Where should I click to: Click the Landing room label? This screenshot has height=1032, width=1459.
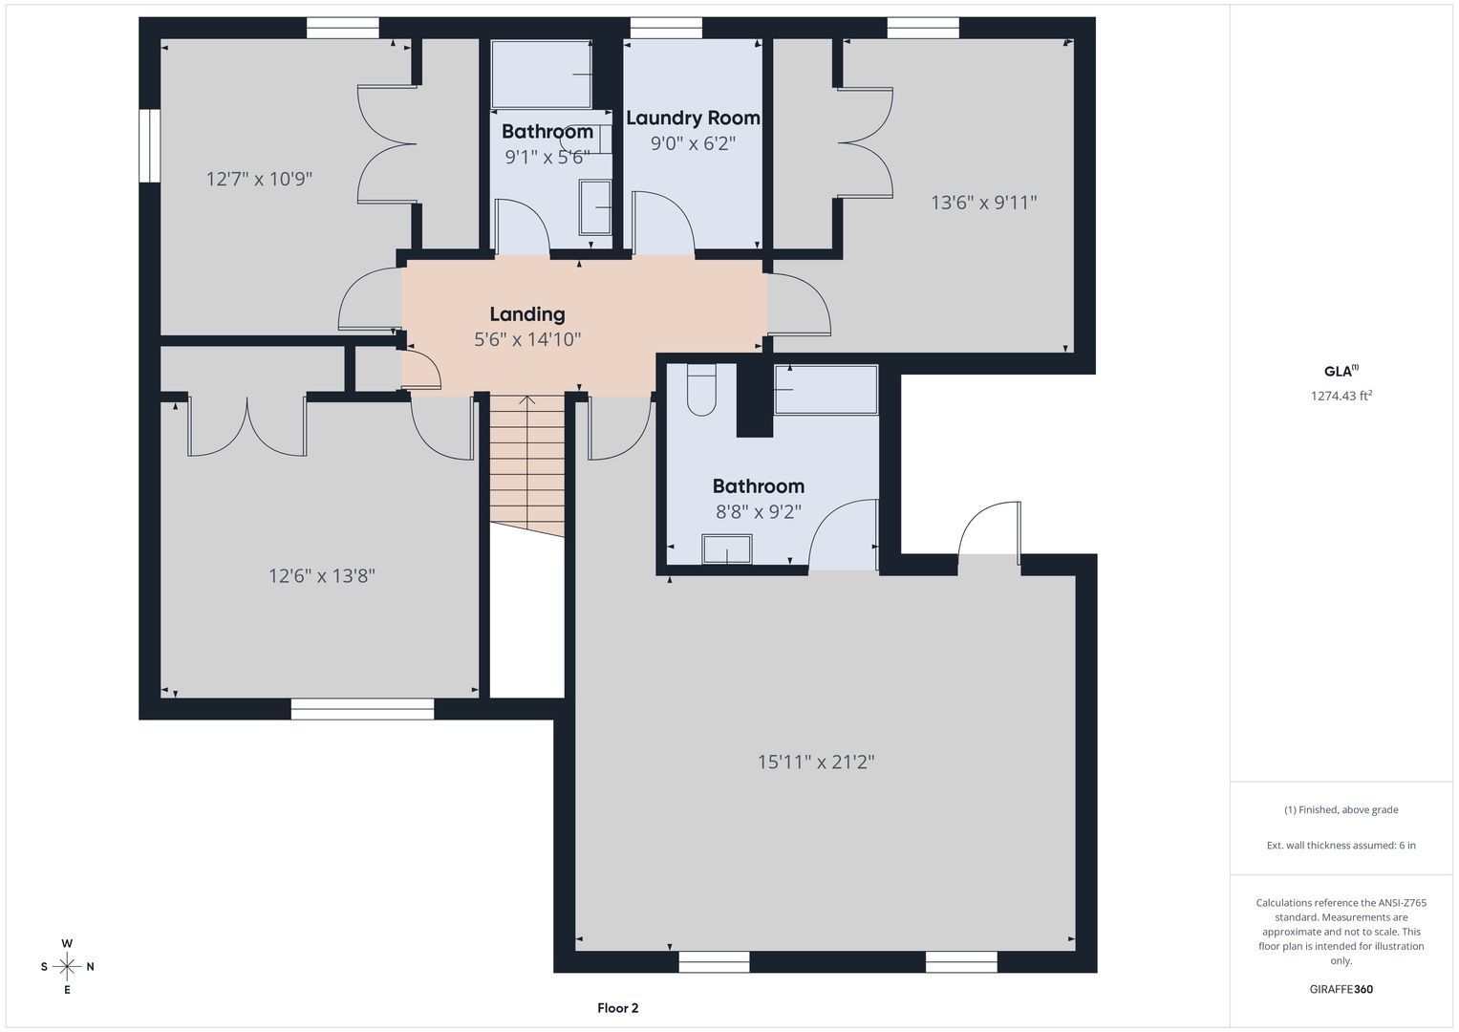pos(526,314)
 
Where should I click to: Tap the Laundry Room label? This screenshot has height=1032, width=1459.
pos(693,118)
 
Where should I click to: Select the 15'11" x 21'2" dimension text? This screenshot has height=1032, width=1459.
pos(815,762)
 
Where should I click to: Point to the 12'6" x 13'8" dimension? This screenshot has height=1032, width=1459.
pos(322,576)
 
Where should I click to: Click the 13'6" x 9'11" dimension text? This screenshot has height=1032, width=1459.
pos(983,203)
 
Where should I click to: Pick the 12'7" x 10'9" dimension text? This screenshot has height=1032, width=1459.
pos(259,179)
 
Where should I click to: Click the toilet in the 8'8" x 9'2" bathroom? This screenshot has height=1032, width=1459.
pos(701,390)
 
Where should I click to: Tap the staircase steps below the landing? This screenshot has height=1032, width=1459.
pos(526,463)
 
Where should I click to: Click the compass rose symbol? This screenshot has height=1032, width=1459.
pos(67,966)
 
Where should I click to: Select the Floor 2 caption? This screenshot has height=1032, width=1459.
pos(617,1008)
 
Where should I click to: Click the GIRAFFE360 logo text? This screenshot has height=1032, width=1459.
pos(1341,989)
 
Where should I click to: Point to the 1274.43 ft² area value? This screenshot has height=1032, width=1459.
pos(1341,396)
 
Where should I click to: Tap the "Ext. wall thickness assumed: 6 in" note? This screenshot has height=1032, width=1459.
pos(1341,845)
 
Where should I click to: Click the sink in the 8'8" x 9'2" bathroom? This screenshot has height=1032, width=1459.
pos(727,548)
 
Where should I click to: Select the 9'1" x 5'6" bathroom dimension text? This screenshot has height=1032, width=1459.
pos(547,157)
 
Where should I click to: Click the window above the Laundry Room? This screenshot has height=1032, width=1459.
pos(666,28)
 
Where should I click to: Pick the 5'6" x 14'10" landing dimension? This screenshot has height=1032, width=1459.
pos(526,339)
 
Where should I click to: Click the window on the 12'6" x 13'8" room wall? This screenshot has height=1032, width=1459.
pos(362,709)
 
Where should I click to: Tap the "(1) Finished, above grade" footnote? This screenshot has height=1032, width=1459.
pos(1341,810)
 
